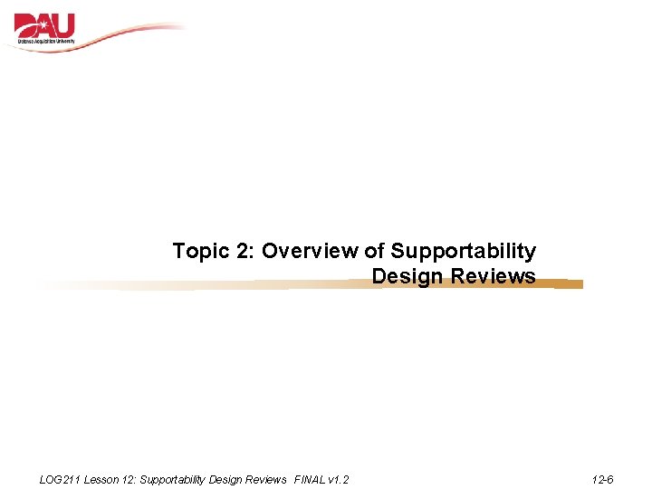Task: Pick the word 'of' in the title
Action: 375,251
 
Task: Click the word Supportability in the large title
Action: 463,252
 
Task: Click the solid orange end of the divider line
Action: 568,284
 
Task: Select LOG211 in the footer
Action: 61,480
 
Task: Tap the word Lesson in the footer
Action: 101,480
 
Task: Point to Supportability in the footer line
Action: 174,480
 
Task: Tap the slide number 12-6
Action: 602,480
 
